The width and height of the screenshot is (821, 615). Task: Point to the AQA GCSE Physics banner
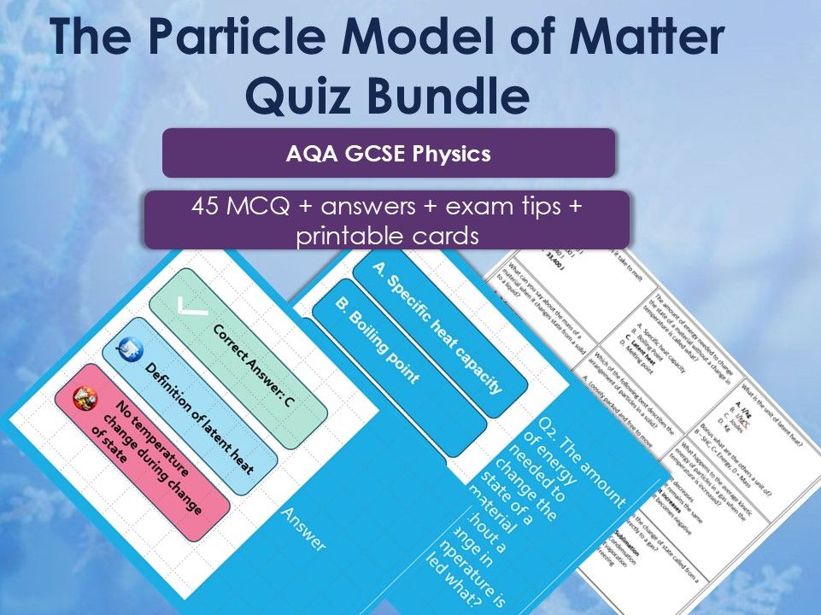389,154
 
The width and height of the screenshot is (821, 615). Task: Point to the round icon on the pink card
84,396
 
